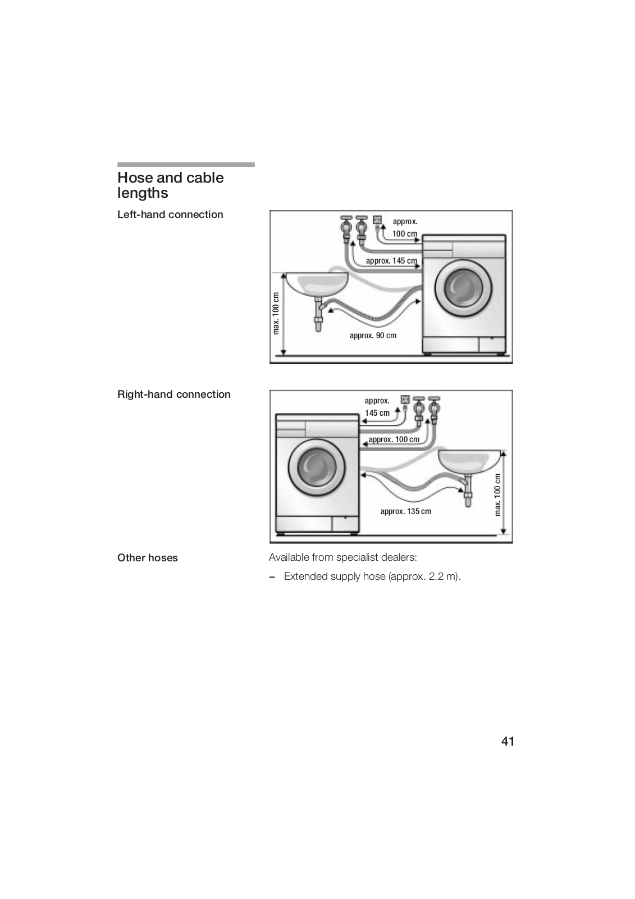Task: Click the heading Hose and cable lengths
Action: click(x=170, y=185)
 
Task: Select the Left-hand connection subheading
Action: click(x=170, y=215)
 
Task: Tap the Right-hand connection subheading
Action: click(x=173, y=394)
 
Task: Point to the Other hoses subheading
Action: click(x=147, y=558)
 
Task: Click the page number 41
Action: click(x=508, y=741)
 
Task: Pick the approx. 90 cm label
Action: click(x=373, y=335)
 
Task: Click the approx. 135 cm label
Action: click(x=405, y=511)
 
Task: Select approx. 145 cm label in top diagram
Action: click(x=391, y=261)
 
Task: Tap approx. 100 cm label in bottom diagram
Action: click(x=394, y=439)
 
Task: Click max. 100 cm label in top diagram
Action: click(x=276, y=314)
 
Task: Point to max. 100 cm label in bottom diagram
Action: click(x=497, y=494)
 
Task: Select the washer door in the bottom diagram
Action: click(x=316, y=468)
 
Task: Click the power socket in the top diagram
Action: click(x=377, y=219)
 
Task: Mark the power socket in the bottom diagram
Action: click(x=405, y=399)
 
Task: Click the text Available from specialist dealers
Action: click(x=342, y=557)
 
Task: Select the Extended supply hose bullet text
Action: click(x=372, y=576)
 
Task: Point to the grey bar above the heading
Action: click(x=186, y=165)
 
